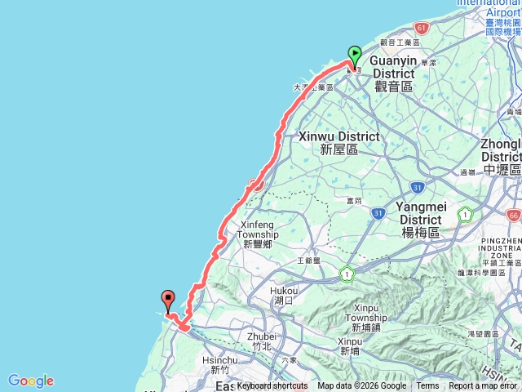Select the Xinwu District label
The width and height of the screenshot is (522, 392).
(x=339, y=142)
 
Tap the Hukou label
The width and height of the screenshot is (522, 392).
(x=284, y=295)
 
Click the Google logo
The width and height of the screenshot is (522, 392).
(x=31, y=381)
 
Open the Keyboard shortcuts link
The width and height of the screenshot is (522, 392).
(x=272, y=386)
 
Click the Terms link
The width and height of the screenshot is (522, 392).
(x=427, y=386)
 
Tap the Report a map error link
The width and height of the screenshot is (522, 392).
(x=483, y=386)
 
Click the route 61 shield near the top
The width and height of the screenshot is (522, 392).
(x=421, y=27)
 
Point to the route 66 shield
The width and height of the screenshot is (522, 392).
(x=512, y=216)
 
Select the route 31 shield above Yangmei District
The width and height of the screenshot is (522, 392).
(x=416, y=187)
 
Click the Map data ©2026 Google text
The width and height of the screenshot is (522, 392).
(x=361, y=386)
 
